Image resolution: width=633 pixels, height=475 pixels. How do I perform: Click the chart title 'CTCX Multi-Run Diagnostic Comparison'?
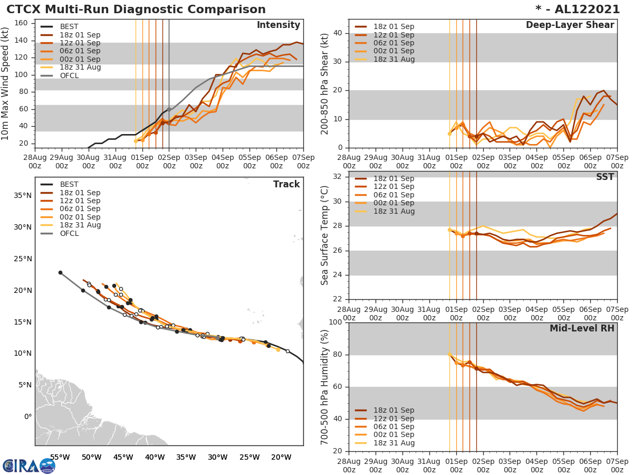click(136, 9)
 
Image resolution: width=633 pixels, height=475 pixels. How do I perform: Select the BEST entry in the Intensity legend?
click(69, 26)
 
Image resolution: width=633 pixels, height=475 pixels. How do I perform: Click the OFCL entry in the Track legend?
click(69, 233)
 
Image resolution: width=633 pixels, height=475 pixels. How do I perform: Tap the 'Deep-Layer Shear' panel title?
click(570, 25)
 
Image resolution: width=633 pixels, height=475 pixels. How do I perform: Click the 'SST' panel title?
click(605, 177)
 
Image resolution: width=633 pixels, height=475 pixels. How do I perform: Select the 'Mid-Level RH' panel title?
click(581, 328)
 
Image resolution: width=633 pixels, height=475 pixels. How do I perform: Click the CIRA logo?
click(28, 466)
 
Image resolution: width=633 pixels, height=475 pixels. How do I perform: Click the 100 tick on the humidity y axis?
click(335, 322)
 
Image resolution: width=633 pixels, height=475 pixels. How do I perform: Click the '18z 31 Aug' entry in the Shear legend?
click(394, 59)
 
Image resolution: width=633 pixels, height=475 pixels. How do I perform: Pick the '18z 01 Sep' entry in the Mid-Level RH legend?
click(394, 410)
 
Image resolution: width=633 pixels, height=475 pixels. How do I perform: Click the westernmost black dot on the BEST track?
click(60, 272)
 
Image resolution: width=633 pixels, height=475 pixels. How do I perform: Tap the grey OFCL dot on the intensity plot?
click(169, 109)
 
